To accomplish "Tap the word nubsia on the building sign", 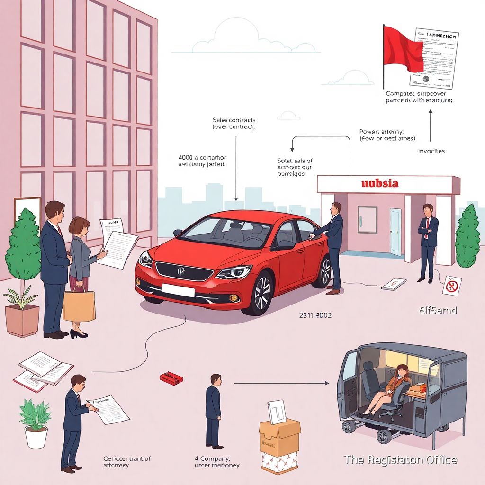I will pyautogui.click(x=379, y=183).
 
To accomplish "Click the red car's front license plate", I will pyautogui.click(x=178, y=289).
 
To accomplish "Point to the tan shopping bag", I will pyautogui.click(x=79, y=305).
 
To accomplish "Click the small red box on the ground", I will pyautogui.click(x=171, y=377).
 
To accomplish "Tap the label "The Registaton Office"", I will pyautogui.click(x=400, y=459).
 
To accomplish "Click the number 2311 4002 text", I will pyautogui.click(x=315, y=314).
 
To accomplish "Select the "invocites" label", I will pyautogui.click(x=431, y=151).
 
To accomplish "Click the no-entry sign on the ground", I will pyautogui.click(x=452, y=286).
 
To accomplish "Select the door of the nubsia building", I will pyautogui.click(x=395, y=231).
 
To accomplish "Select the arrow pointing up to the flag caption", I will pyautogui.click(x=431, y=126).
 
